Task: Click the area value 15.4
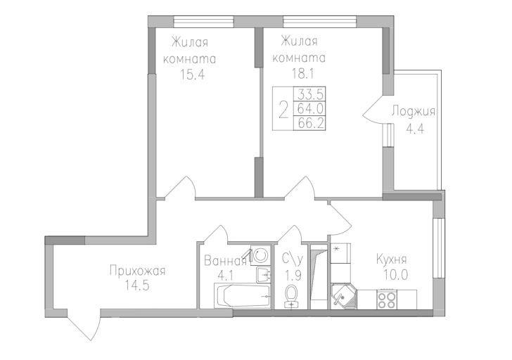192,75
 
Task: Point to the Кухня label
392,259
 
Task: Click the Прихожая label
137,271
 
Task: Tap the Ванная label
225,261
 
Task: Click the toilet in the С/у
290,296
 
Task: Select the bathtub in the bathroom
242,296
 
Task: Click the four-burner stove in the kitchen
386,300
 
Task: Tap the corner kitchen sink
343,296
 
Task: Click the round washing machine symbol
260,255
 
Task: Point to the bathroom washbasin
264,274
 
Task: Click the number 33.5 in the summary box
310,95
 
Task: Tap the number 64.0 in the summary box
310,108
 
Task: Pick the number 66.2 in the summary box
310,123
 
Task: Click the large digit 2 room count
283,110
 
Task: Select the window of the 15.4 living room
204,22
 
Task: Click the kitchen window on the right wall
438,248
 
